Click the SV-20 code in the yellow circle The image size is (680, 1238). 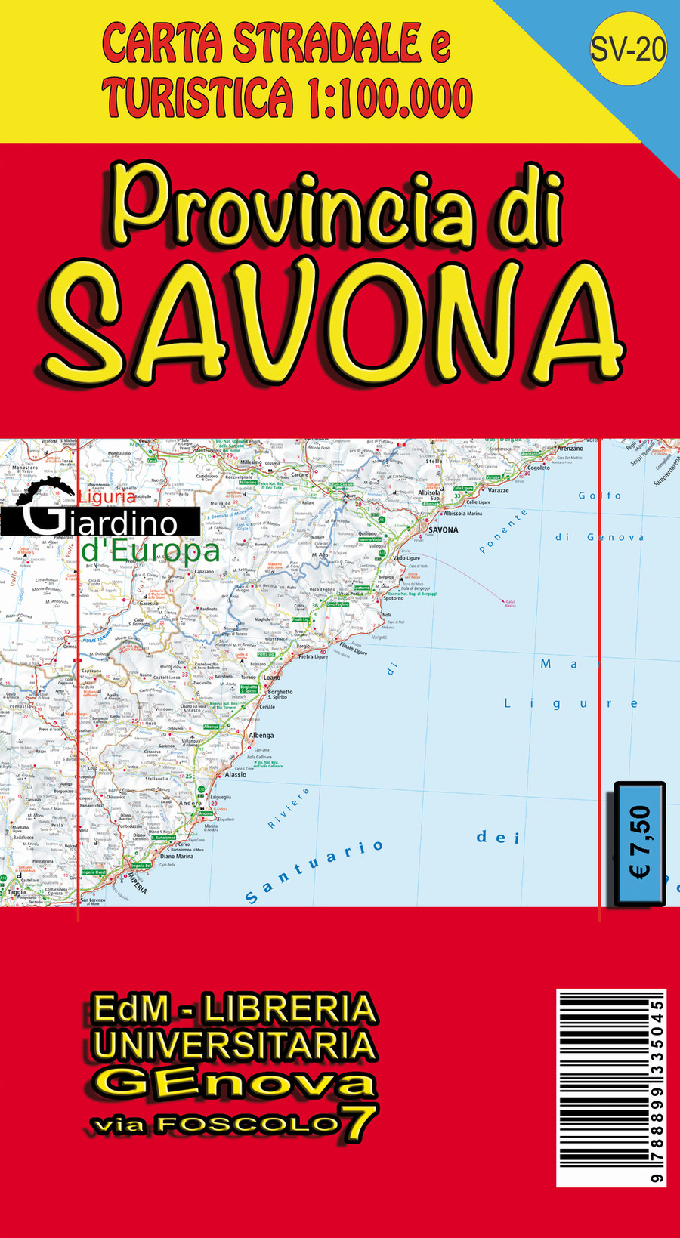[x=628, y=49]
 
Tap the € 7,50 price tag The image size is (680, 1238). [x=640, y=843]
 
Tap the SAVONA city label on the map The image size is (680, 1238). [x=443, y=529]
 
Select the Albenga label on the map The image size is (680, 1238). [x=261, y=735]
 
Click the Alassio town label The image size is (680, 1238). [x=235, y=775]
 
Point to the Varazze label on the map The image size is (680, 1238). [x=498, y=490]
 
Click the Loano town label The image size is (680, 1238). [x=271, y=678]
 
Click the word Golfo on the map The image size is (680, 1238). [x=600, y=496]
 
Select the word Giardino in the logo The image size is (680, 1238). [x=102, y=522]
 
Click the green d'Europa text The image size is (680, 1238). [x=150, y=551]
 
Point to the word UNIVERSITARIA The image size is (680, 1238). [x=234, y=1045]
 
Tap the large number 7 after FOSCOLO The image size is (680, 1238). [x=360, y=1122]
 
